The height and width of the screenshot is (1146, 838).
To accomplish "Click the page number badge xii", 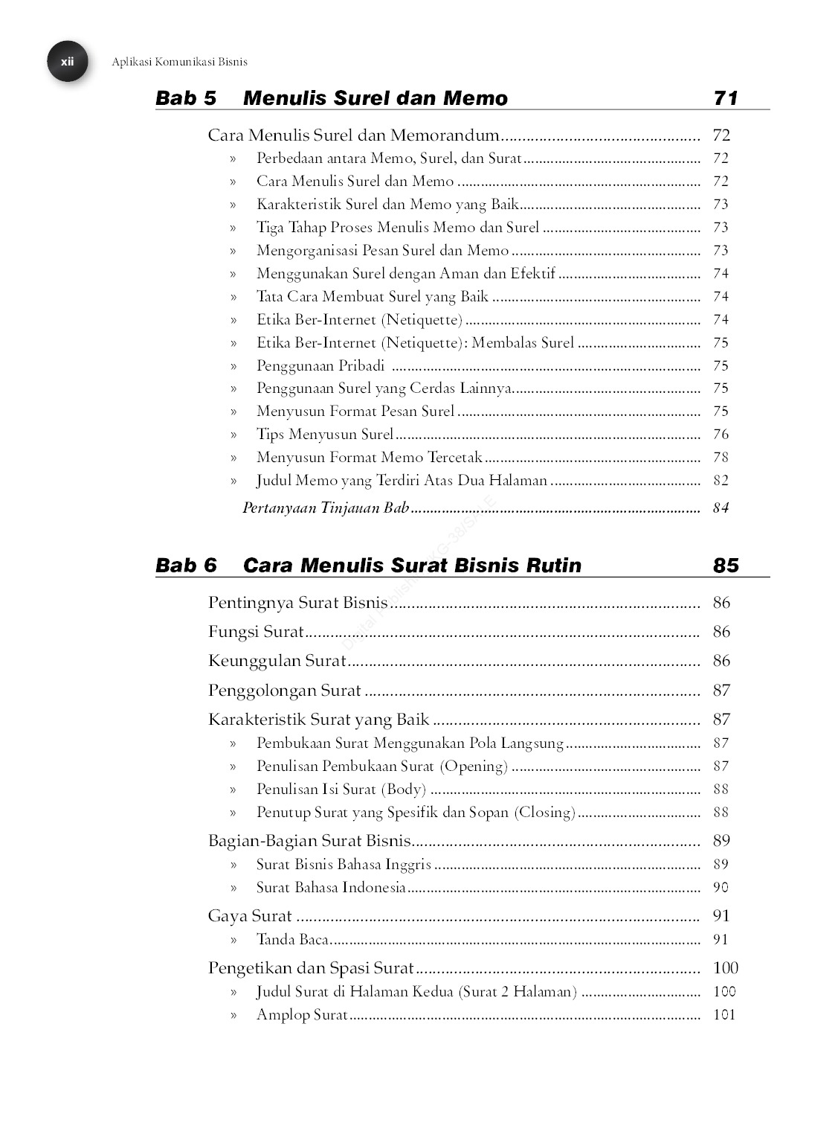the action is (68, 62).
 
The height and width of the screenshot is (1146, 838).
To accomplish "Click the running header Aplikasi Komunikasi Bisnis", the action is (179, 63).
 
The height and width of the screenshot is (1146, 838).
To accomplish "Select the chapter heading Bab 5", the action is (186, 98).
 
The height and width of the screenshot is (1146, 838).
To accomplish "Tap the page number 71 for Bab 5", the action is (725, 98).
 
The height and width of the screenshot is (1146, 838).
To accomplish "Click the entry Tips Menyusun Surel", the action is (325, 435).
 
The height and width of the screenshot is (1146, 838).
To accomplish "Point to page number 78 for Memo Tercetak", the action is (721, 458).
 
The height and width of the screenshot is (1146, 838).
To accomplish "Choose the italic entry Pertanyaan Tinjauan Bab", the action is (326, 508).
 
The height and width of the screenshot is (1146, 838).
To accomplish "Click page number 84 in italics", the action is (721, 508).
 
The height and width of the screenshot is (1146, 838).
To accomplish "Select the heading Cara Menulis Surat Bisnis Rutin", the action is (412, 566).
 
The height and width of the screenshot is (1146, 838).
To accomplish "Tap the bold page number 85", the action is (726, 566).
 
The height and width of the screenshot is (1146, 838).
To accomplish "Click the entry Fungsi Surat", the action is (257, 633).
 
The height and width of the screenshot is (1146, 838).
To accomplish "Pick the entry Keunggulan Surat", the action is (277, 662).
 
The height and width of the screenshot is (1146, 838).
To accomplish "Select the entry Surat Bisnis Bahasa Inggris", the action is (344, 865).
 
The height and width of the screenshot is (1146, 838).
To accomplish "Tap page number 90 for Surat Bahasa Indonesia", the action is (721, 888).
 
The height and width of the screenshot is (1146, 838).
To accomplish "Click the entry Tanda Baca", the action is (292, 940).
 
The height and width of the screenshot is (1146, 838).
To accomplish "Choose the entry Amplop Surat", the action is (302, 1015).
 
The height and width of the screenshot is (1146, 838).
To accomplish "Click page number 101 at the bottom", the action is (723, 1015).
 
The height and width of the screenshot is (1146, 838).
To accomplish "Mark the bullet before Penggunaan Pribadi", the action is (233, 366).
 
